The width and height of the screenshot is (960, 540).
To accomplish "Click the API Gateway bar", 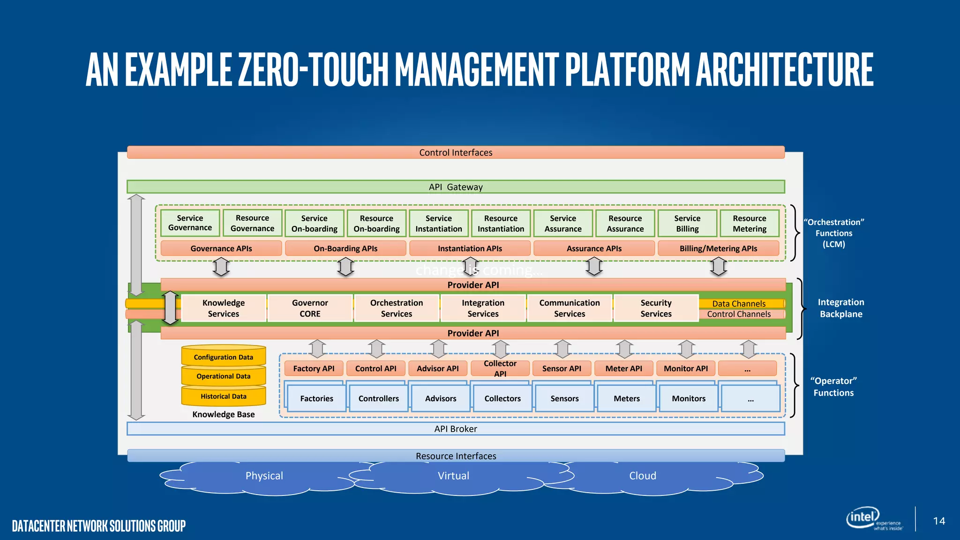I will [x=456, y=187].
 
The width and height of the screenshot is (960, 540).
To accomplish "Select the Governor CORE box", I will [x=310, y=308].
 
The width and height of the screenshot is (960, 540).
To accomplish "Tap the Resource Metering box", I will [x=749, y=223].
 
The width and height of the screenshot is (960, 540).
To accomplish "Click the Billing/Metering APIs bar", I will [x=718, y=248].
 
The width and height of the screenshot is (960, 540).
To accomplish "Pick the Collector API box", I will [x=500, y=368].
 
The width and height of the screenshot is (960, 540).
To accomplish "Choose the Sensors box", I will [x=564, y=398].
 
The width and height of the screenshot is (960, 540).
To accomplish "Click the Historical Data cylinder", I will [x=224, y=396].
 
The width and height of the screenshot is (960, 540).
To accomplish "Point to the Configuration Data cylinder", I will [x=224, y=357].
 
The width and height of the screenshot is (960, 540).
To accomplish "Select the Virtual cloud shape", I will [x=453, y=476].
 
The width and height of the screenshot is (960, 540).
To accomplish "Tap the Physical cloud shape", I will [x=264, y=476].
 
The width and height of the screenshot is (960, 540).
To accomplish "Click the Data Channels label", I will [x=739, y=303].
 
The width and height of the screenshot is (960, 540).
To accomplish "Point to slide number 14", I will [x=939, y=521].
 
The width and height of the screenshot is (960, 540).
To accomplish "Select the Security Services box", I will [x=656, y=308].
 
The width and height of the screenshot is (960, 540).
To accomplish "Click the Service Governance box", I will [x=190, y=223].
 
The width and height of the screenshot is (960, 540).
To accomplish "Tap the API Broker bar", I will [x=456, y=428].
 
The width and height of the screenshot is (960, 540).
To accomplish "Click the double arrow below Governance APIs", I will [x=221, y=267].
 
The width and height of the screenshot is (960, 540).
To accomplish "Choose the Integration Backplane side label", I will [x=841, y=308].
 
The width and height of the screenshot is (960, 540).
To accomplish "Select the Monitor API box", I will [x=685, y=368].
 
